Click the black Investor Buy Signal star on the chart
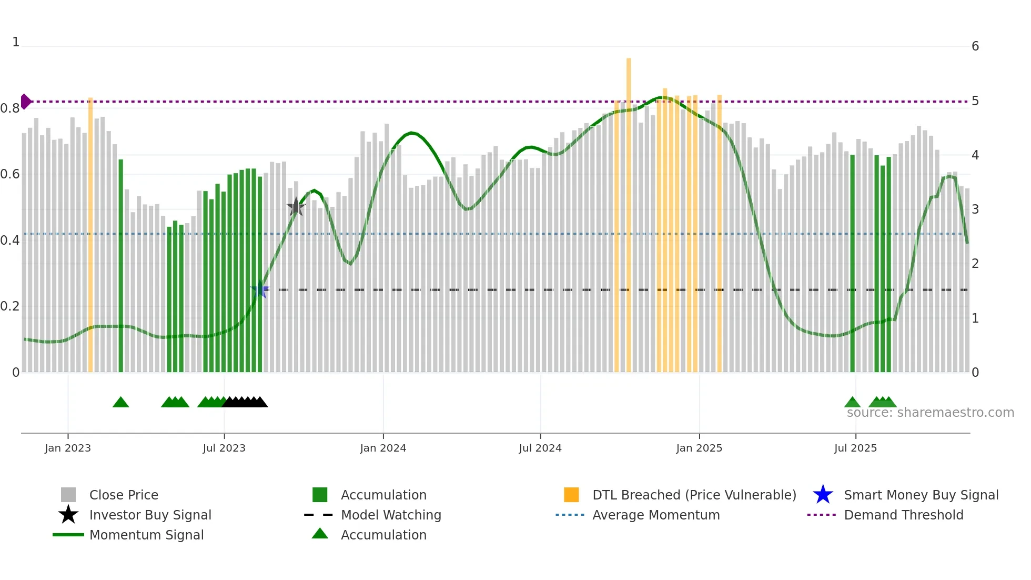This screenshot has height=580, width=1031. [296, 207]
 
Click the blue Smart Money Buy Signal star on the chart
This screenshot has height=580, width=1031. [260, 289]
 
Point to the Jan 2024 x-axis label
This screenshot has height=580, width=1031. [383, 448]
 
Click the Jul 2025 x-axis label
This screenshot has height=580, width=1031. [855, 448]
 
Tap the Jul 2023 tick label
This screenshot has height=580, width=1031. [224, 448]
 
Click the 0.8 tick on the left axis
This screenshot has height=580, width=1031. [10, 109]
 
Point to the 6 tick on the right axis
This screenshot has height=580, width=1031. [975, 46]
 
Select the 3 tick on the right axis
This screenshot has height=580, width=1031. [975, 209]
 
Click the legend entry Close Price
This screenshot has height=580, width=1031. [124, 495]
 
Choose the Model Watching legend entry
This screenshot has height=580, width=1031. [391, 515]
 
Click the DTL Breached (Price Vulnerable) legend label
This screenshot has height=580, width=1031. [694, 495]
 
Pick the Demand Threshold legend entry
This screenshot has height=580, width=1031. [903, 515]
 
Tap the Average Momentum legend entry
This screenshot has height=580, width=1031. [656, 515]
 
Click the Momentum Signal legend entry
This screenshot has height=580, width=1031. [146, 535]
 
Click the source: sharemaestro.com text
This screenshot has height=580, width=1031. [930, 413]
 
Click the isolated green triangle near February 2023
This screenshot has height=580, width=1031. [121, 403]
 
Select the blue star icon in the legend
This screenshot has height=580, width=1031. [823, 495]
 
